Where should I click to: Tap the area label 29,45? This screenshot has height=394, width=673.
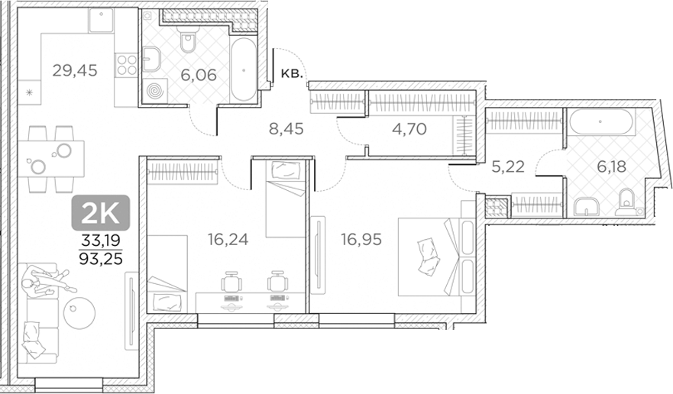pos(75,71)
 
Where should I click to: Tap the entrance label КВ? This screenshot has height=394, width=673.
pos(293,73)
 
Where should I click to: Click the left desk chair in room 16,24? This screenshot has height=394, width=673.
pos(230,283)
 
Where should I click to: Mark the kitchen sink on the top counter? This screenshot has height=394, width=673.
pos(102,22)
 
